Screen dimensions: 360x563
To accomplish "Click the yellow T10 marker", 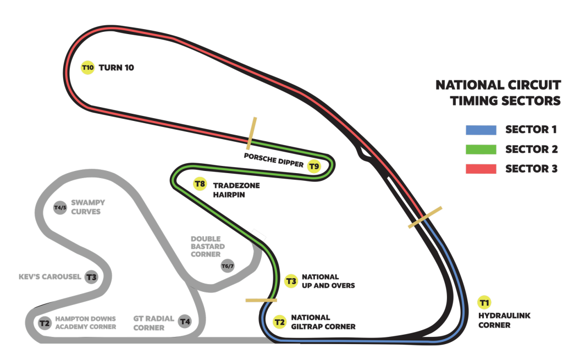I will (x=87, y=68).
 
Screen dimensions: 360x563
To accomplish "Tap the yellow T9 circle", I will (x=314, y=166).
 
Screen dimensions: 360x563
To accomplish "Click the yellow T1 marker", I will (x=484, y=302).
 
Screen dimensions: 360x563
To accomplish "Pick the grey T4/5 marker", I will (x=60, y=207).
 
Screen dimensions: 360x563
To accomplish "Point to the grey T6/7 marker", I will (x=228, y=267).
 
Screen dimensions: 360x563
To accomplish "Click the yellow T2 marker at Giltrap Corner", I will (x=279, y=322).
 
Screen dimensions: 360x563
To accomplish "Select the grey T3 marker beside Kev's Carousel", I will (x=91, y=276).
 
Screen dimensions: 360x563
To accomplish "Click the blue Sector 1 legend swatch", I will (x=481, y=130).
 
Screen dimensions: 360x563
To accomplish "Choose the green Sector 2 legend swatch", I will (x=481, y=149).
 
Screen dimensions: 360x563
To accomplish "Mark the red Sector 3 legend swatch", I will (x=481, y=168).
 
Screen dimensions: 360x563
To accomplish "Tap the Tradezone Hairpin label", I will (x=237, y=190).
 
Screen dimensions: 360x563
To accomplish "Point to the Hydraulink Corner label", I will (x=502, y=320).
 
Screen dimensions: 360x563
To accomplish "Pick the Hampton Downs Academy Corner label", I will (x=85, y=322).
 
